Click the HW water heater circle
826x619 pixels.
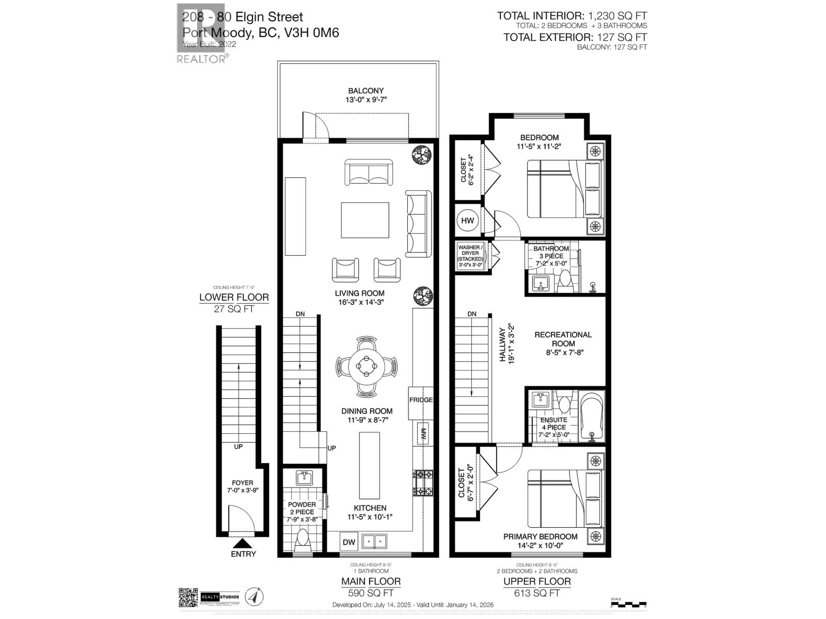(468, 221)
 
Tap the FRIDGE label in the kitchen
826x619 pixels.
(421, 400)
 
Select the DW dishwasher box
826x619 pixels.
(349, 542)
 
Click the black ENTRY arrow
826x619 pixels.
(243, 544)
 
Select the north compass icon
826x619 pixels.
(253, 596)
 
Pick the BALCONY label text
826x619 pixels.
(366, 91)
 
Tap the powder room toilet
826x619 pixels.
(302, 541)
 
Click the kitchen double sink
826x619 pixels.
(375, 542)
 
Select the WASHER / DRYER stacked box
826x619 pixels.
(470, 256)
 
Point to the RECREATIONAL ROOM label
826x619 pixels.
(563, 339)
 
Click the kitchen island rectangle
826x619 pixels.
(369, 459)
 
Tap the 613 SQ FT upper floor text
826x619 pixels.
(537, 593)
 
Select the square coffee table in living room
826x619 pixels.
(365, 220)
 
